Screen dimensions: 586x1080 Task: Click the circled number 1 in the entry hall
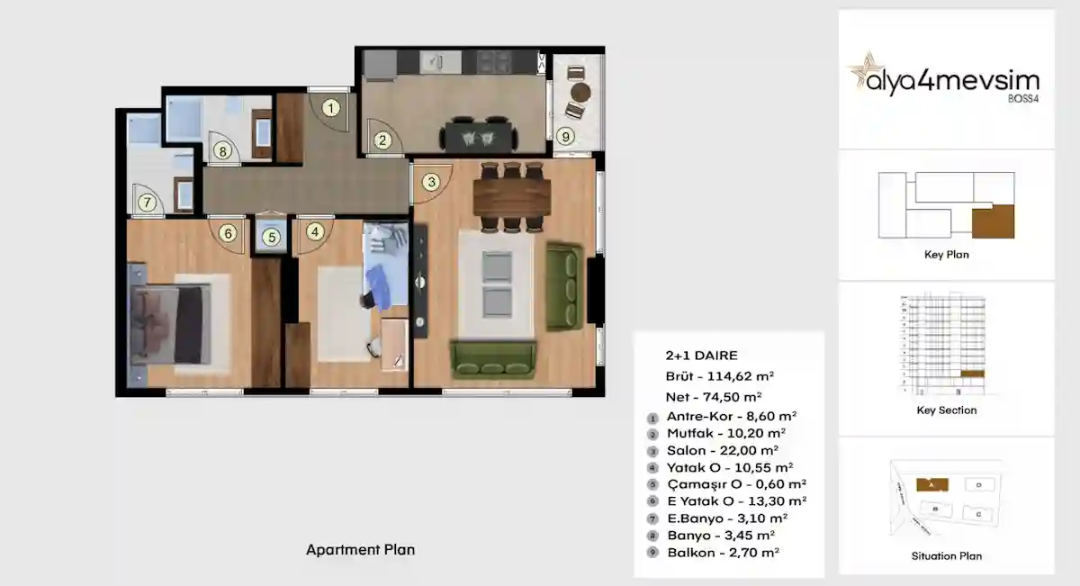[332, 110]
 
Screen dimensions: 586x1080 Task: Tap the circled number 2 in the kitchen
[382, 140]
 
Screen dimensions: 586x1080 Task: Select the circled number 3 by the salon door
[431, 182]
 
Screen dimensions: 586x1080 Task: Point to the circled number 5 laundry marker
[271, 238]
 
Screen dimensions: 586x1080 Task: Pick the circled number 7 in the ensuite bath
[146, 203]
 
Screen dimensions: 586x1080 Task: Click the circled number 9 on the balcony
[565, 137]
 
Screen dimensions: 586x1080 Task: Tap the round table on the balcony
[581, 93]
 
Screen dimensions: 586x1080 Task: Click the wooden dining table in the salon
[510, 198]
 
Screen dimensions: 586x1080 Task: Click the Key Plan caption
[946, 255]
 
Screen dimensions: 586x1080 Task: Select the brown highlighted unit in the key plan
[993, 221]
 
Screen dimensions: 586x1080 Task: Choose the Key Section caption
[946, 410]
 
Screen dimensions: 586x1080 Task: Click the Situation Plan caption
[946, 556]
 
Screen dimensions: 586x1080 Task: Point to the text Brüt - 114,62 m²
[720, 376]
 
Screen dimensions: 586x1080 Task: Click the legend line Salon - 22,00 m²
[722, 450]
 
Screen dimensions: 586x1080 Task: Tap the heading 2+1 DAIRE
[701, 356]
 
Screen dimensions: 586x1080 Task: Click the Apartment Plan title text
[360, 549]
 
